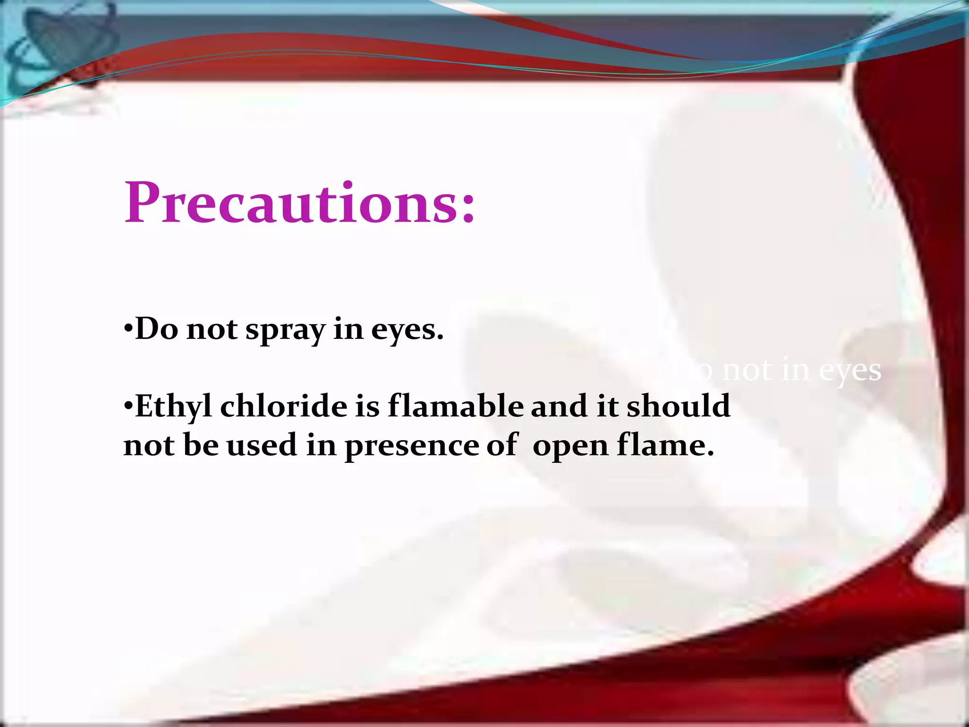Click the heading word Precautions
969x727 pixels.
291,204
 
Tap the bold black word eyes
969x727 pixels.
407,330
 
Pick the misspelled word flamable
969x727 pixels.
455,406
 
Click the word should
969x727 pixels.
678,406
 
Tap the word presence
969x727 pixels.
411,446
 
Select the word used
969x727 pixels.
262,445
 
